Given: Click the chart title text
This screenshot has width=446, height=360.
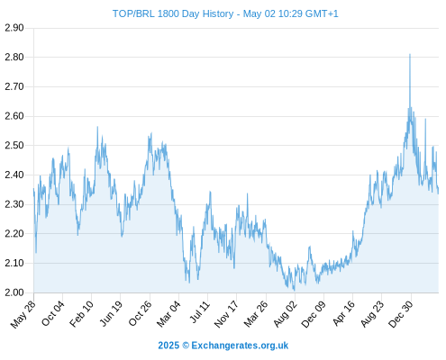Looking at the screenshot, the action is [x=225, y=13].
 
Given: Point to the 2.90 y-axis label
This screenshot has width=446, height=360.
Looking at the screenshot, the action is [x=14, y=28].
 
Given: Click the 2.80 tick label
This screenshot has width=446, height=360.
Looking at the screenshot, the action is [x=14, y=57].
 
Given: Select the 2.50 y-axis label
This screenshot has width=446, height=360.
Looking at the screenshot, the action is [x=14, y=146].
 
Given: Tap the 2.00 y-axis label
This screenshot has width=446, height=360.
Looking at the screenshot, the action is [x=14, y=292].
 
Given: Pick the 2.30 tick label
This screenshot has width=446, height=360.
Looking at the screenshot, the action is [x=14, y=204].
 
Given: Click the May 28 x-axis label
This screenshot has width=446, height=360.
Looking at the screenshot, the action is [x=23, y=314].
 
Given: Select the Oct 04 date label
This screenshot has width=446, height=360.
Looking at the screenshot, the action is [x=53, y=313].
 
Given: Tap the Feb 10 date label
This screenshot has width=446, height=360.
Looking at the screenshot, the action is [x=81, y=314].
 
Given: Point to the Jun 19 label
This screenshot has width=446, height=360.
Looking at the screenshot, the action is [x=111, y=314].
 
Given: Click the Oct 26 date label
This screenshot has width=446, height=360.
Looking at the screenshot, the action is [x=140, y=313].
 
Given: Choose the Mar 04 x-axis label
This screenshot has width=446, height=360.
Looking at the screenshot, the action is [x=168, y=314].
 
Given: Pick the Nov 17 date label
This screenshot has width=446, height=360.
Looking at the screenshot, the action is [x=226, y=314].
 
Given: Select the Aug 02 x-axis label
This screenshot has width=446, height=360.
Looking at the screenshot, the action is [x=286, y=314].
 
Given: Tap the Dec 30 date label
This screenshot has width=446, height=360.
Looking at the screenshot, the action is [x=401, y=314].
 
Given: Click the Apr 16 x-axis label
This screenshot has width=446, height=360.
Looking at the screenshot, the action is [x=343, y=314].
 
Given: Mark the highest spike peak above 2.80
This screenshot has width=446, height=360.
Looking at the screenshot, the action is [x=410, y=54].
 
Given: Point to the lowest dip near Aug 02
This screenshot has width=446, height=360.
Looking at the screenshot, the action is [x=294, y=291].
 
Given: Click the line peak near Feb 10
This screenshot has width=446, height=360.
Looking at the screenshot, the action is [x=97, y=127].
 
